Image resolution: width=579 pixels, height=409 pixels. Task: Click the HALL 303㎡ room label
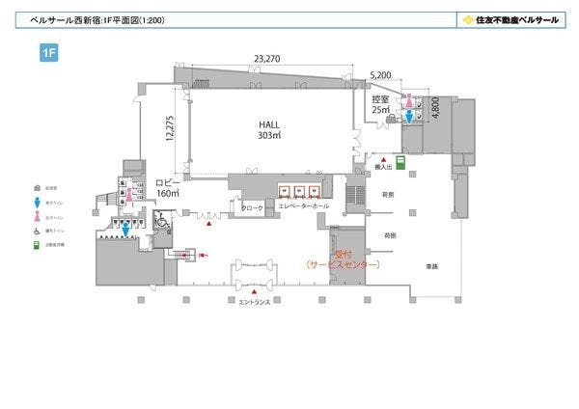[x=268, y=130]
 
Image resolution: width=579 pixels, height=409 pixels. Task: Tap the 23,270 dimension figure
[x=267, y=59]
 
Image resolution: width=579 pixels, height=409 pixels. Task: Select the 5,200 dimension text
[x=381, y=74]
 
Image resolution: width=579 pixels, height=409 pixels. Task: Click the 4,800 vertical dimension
[x=435, y=106]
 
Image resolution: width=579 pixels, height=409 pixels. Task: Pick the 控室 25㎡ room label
[x=380, y=104]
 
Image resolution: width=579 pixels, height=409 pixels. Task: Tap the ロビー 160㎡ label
[x=168, y=187]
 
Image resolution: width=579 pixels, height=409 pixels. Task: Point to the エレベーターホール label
[x=303, y=206]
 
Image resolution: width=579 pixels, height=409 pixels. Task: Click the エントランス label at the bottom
[x=255, y=302]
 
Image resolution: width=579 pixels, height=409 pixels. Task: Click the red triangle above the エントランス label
[x=255, y=290]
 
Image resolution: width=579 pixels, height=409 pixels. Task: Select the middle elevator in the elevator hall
[x=300, y=190]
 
